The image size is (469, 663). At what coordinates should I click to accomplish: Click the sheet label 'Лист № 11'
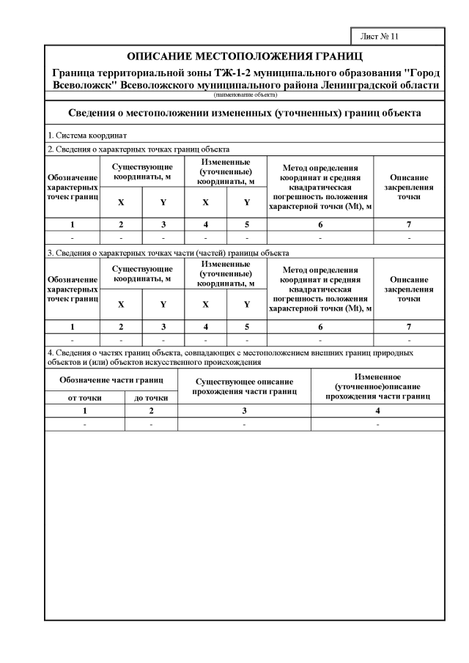tap(379, 36)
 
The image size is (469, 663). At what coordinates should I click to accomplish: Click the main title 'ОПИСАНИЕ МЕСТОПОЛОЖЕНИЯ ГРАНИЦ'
tap(245, 56)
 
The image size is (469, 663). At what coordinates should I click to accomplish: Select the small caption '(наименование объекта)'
tap(245, 95)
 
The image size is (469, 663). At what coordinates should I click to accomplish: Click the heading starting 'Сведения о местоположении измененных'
tap(245, 114)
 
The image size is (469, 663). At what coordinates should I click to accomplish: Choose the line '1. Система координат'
tap(87, 136)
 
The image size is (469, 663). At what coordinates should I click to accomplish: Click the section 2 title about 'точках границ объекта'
tap(139, 149)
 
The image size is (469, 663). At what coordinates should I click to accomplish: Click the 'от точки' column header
tap(84, 398)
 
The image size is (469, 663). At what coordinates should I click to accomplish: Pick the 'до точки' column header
tap(151, 398)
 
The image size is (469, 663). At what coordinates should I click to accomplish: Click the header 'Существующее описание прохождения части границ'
tap(244, 386)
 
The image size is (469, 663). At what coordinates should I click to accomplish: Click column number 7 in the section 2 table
tap(409, 224)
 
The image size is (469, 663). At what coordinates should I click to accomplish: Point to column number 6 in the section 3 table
tap(320, 327)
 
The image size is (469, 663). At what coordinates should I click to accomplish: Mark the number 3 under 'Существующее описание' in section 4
tap(244, 411)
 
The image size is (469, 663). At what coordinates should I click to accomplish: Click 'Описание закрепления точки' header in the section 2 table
tap(409, 187)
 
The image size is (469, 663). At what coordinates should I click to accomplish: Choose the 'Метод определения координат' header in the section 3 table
tap(320, 289)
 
